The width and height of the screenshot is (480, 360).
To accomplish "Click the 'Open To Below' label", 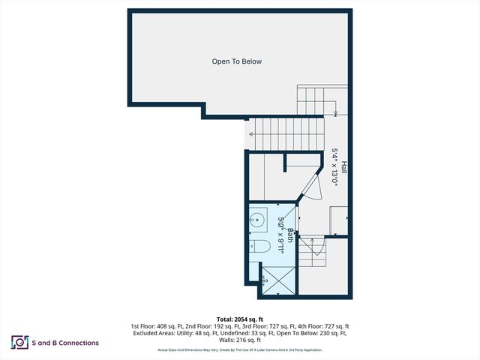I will pyautogui.click(x=236, y=61).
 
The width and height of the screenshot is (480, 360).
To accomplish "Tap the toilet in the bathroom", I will pyautogui.click(x=258, y=247).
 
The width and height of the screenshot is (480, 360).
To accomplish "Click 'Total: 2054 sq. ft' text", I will pyautogui.click(x=240, y=318).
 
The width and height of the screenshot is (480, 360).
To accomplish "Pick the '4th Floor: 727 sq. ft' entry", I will pyautogui.click(x=322, y=326).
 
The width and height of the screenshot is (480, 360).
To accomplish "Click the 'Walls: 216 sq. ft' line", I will pyautogui.click(x=240, y=340).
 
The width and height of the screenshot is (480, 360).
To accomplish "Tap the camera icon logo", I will pyautogui.click(x=19, y=343).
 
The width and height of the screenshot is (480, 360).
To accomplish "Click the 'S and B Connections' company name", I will pyautogui.click(x=65, y=343).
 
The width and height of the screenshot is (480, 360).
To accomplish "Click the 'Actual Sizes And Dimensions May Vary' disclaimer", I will pyautogui.click(x=189, y=350).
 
